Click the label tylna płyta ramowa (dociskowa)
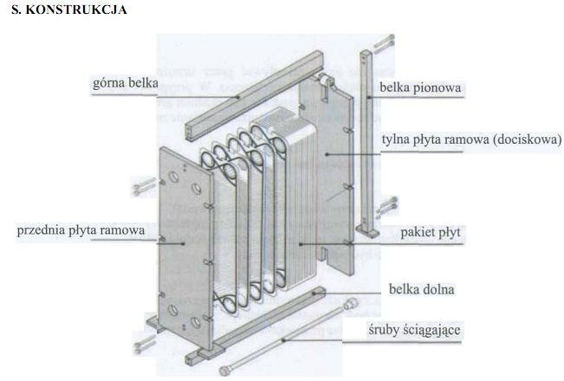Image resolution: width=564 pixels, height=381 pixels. tap(472, 139)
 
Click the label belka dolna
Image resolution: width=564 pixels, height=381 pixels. tap(422, 289)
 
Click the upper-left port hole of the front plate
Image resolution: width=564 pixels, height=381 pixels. tap(173, 176)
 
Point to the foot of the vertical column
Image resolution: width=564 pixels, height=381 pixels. tap(371, 232)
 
